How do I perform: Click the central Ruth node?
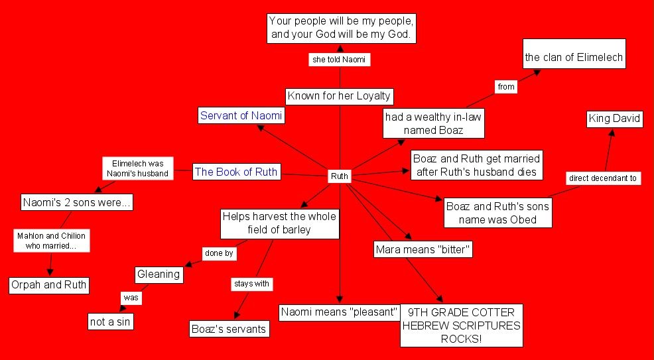[x=340, y=177]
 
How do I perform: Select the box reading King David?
[x=615, y=119]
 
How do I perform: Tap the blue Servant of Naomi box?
[x=241, y=116]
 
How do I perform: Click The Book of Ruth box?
[x=236, y=172]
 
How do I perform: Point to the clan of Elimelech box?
[x=574, y=58]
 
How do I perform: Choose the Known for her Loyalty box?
[x=339, y=96]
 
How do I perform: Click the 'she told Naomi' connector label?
[x=339, y=60]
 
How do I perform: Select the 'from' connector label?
[x=506, y=86]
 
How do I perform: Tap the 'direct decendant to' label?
[x=603, y=178]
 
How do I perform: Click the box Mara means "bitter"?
[x=423, y=250]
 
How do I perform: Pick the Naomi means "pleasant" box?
[x=339, y=312]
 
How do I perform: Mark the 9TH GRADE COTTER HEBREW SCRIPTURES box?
[x=462, y=325]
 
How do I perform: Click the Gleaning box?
[x=159, y=274]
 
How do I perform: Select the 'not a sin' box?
[x=110, y=322]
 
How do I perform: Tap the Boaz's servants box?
[x=229, y=328]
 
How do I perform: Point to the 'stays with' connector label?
[x=251, y=284]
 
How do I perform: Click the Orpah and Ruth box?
[x=49, y=286]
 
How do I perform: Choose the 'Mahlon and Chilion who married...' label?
[x=52, y=241]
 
